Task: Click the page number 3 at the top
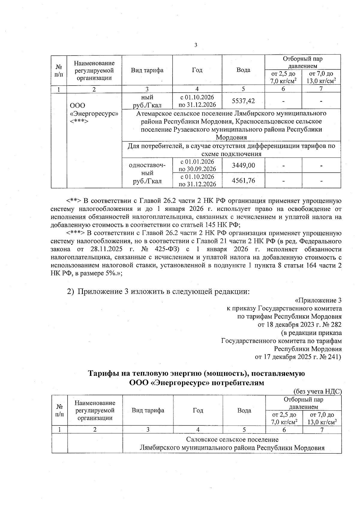[196, 45]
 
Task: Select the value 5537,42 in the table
[243, 101]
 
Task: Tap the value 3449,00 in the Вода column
[243, 165]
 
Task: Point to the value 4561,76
[243, 180]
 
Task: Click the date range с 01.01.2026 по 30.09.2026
[197, 165]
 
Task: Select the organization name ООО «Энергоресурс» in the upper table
[94, 110]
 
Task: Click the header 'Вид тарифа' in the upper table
[147, 70]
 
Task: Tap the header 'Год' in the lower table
[198, 410]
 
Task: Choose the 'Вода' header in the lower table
[244, 410]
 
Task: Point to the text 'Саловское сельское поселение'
[232, 439]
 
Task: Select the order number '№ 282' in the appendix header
[332, 325]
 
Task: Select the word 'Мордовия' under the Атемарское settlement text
[231, 137]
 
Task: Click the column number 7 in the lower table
[322, 430]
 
